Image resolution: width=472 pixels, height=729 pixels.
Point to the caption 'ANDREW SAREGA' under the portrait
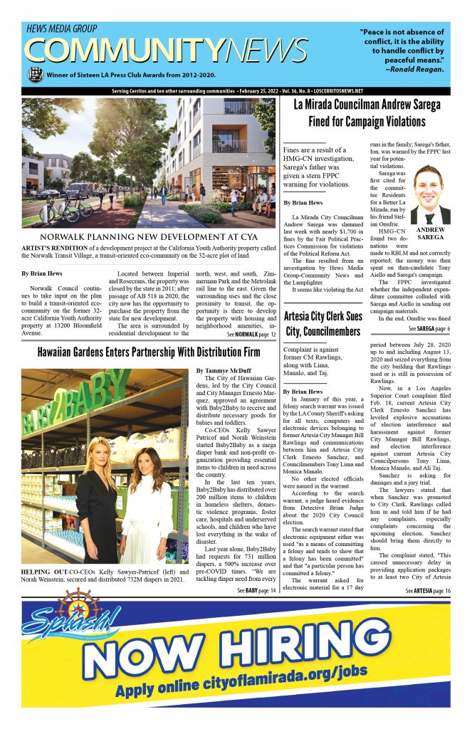(429, 235)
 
